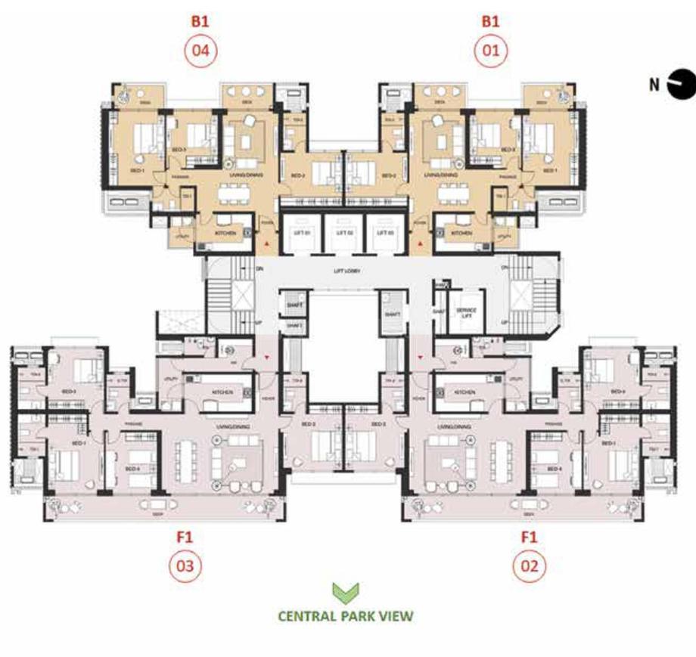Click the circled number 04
point(200,51)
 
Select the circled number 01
point(491,51)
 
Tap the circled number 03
point(185,566)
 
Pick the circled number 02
point(529,566)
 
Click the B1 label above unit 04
point(200,22)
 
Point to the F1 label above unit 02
point(529,538)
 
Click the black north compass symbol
point(680,83)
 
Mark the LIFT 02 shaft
point(344,233)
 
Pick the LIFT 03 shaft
point(386,233)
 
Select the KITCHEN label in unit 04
point(225,234)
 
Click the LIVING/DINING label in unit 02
point(452,427)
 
